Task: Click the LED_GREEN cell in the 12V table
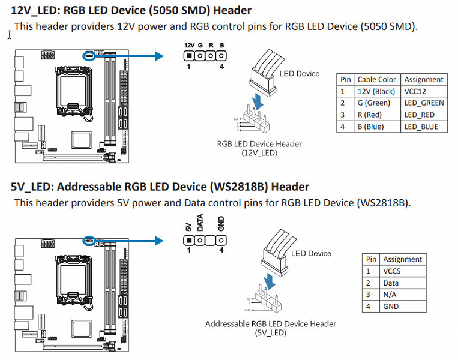click(424, 103)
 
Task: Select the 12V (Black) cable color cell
click(376, 91)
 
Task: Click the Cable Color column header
click(376, 79)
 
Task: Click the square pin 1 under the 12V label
click(189, 56)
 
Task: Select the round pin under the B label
click(221, 56)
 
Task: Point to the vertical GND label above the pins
click(221, 224)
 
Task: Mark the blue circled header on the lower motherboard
click(89, 240)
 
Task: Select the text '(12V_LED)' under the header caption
click(259, 153)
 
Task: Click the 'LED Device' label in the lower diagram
click(311, 253)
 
